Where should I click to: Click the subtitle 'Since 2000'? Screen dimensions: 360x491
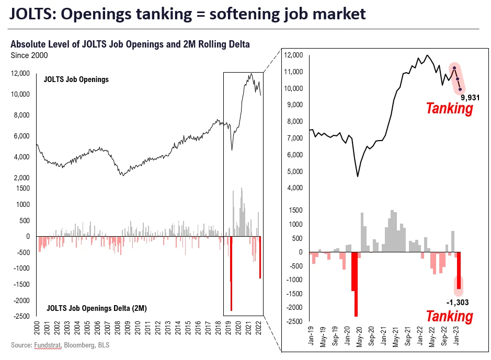pos(29,54)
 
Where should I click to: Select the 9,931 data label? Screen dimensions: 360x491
pos(470,97)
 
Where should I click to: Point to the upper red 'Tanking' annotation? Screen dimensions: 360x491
pos(449,109)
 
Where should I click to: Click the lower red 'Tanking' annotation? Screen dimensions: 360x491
pos(449,316)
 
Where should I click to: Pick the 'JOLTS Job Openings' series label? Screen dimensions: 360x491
pos(75,79)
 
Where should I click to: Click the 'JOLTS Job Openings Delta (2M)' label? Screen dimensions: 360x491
pos(97,308)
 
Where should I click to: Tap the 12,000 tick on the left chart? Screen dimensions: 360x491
pos(21,74)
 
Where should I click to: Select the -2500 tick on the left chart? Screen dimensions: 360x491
pos(21,317)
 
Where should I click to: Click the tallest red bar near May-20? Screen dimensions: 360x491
pos(356,285)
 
